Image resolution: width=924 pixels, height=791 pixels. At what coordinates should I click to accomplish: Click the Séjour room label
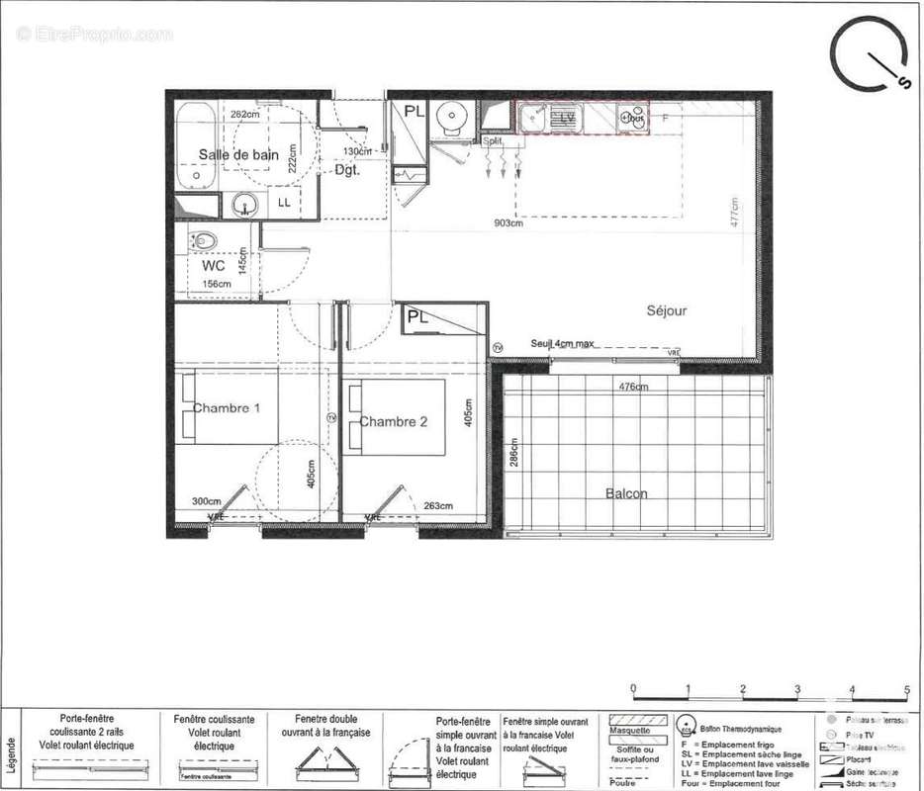pos(667,310)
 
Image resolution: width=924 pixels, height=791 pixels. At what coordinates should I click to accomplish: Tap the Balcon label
pos(627,493)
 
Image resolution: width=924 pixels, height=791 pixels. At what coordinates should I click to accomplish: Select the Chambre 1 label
pos(227,408)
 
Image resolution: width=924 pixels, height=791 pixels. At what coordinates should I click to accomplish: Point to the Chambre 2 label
pos(393,422)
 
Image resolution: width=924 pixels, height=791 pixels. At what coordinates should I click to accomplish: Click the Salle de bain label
pos(238,154)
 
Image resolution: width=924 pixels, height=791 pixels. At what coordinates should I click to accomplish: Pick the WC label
pos(214,266)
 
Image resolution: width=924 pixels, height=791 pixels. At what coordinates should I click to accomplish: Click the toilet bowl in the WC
pos(205,240)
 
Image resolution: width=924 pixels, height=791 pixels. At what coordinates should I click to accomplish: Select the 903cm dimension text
pos(508,223)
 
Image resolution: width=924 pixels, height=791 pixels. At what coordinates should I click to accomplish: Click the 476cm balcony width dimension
pos(633,387)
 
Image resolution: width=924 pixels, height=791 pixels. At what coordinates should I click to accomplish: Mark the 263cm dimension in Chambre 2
pos(438,505)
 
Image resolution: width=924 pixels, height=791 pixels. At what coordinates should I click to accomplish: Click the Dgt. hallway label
pos(346,170)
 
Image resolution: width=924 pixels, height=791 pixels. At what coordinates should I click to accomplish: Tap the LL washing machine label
pos(284,203)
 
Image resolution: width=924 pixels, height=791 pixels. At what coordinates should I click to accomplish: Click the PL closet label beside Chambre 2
pos(416,318)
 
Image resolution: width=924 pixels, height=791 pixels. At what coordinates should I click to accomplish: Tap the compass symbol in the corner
pos(869,53)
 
